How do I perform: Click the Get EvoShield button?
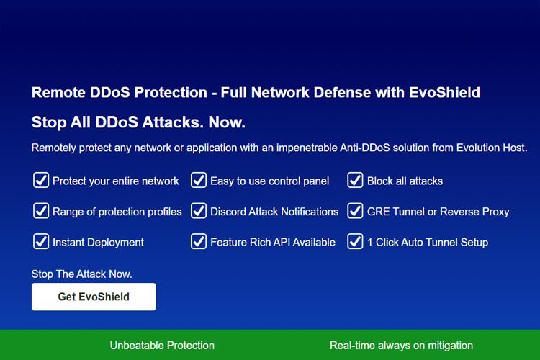pos(94,297)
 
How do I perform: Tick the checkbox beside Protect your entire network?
pos(41,180)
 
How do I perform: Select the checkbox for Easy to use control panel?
pos(199,180)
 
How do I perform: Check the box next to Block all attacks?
pos(355,180)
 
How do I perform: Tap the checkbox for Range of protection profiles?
pos(41,211)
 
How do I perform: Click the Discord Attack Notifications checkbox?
pos(199,211)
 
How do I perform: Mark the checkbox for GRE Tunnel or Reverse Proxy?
pos(355,211)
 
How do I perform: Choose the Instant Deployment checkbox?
pos(41,241)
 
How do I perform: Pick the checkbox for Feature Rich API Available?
pos(199,241)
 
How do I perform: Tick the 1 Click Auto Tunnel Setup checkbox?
pos(355,241)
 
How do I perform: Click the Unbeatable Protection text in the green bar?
pos(162,346)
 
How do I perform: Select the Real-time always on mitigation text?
pos(401,346)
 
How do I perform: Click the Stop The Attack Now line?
pos(82,274)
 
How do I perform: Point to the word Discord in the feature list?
pos(229,212)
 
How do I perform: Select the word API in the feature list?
pos(283,243)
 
